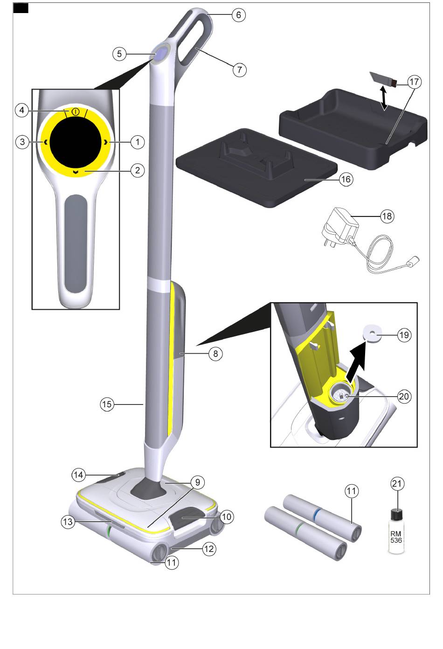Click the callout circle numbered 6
pos(239,15)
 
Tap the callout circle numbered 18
pos(387,216)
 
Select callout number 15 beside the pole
pos(107,404)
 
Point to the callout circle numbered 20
pos(404,396)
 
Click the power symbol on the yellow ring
pos(75,112)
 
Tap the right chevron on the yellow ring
pos(106,142)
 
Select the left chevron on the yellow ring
pos(46,142)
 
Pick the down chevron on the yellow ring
pos(76,173)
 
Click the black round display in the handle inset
pos(76,143)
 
